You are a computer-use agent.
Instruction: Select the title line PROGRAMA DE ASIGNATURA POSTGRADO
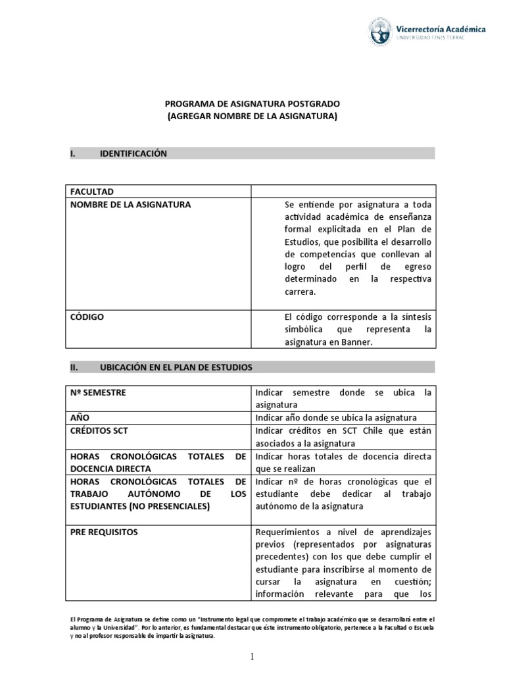pos(252,104)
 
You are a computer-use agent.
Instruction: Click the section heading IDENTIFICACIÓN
pos(133,153)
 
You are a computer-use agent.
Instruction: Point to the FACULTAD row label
pos(92,192)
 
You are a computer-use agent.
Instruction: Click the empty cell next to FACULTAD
pos(342,192)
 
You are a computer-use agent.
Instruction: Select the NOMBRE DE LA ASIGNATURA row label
pos(131,205)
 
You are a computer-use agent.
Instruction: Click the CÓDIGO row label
pos(87,317)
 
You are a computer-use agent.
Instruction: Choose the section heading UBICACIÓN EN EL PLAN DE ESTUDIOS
pos(176,367)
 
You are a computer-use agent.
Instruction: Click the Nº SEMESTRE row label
pos(98,393)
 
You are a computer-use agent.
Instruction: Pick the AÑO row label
pos(80,418)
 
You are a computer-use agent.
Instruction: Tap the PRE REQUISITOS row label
pos(104,532)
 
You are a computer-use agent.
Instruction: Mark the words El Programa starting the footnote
pos(88,619)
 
